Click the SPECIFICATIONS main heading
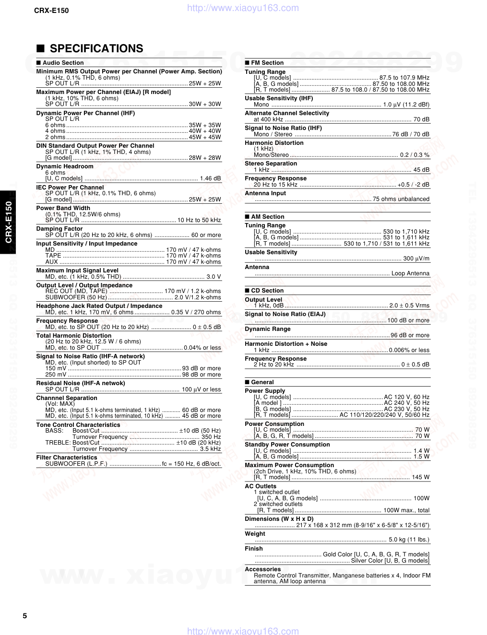(x=96, y=48)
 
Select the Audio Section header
(x=63, y=63)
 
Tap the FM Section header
(x=267, y=63)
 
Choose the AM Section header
(x=267, y=217)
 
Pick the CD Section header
(x=267, y=291)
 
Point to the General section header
(x=262, y=382)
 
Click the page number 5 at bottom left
(x=25, y=616)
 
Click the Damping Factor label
(x=59, y=229)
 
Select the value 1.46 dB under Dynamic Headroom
(x=210, y=178)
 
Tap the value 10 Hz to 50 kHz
(x=199, y=220)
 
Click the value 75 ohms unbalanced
(x=401, y=199)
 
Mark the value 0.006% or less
(x=409, y=350)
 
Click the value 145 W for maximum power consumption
(x=420, y=477)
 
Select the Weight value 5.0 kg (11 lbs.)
(x=409, y=540)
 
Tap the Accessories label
(x=262, y=569)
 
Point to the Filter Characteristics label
(x=67, y=458)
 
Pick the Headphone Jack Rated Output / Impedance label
(x=99, y=306)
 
